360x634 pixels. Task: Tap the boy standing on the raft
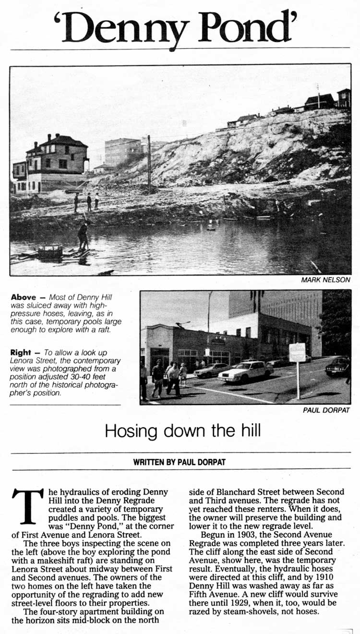(84, 235)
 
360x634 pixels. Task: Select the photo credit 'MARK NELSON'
(326, 280)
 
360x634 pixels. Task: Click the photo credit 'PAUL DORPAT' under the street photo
(326, 410)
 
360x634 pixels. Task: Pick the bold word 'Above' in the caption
(23, 298)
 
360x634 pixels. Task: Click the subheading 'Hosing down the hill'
(182, 430)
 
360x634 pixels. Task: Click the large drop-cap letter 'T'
(28, 506)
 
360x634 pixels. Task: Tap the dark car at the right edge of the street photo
(338, 367)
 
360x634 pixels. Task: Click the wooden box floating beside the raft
(50, 251)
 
